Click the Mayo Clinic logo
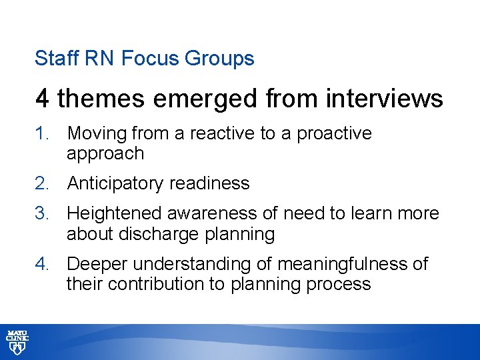(17, 342)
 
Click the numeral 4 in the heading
(43, 99)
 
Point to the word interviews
(385, 99)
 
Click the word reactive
(223, 133)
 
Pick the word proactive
(334, 134)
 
